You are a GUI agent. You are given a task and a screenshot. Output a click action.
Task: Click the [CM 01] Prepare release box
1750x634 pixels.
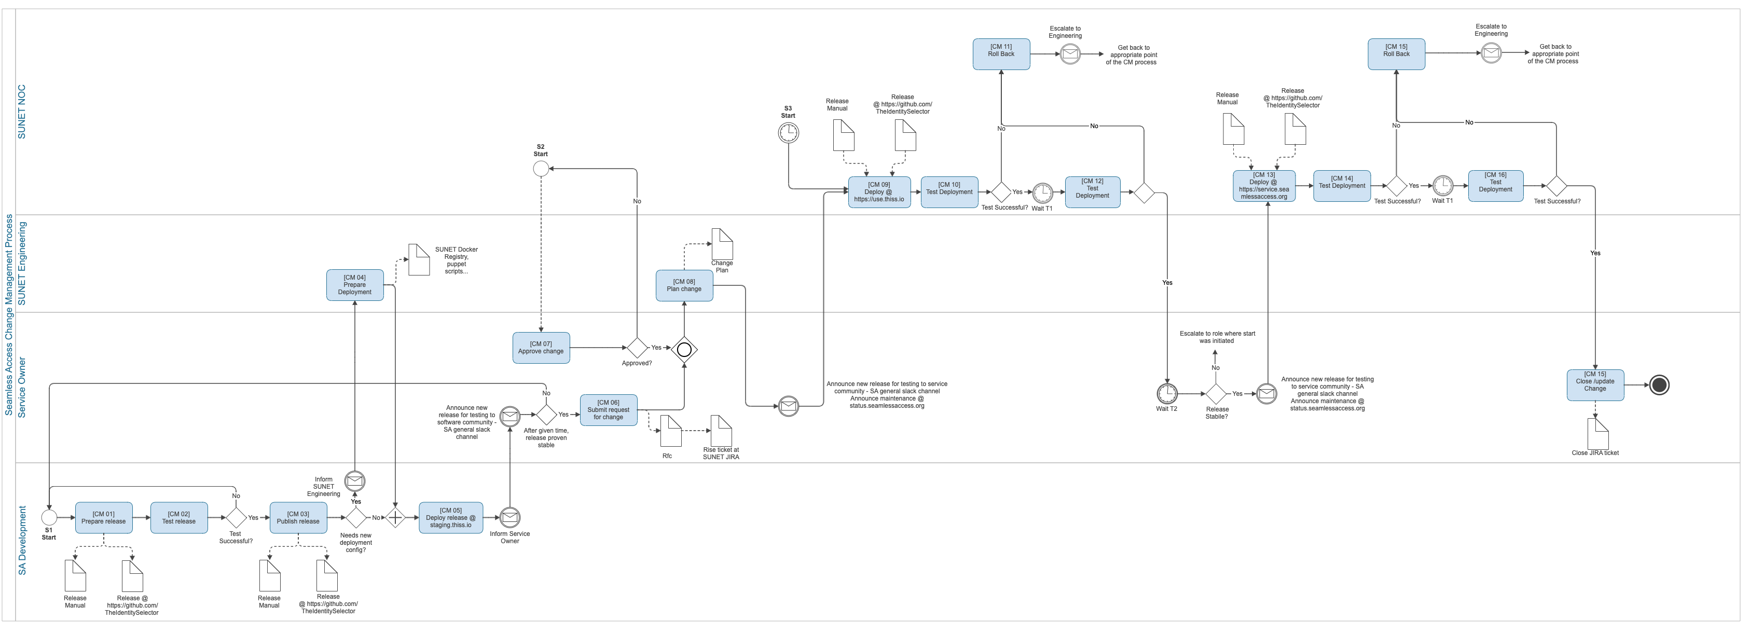103,518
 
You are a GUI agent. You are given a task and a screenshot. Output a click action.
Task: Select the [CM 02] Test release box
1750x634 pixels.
178,518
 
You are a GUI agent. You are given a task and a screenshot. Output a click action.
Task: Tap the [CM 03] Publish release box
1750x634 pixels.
298,518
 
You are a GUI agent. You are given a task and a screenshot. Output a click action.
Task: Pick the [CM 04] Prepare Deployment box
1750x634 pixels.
355,285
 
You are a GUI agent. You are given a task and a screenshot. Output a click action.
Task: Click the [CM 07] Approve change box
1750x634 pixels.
541,348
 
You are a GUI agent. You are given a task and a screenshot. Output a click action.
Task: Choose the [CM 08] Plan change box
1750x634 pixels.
684,285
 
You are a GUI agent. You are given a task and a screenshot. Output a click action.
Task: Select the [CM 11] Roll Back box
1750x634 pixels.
1001,53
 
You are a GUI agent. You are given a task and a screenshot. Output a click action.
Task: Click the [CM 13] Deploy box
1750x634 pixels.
1264,186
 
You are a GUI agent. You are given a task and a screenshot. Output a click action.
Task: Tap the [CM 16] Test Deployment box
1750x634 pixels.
1496,186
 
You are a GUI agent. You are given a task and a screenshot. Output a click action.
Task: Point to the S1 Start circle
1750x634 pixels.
49,518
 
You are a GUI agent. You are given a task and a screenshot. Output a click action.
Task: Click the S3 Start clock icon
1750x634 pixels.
788,132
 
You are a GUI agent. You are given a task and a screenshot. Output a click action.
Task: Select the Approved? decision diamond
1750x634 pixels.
637,348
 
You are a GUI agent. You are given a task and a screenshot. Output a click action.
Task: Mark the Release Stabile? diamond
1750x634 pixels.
1216,393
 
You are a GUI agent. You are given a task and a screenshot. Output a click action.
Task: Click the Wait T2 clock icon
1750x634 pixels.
1167,393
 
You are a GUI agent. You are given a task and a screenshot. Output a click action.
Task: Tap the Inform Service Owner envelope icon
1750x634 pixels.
509,518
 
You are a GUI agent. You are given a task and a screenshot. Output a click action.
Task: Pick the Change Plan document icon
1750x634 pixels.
722,243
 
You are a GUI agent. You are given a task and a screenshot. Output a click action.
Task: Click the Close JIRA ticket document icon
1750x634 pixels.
1598,434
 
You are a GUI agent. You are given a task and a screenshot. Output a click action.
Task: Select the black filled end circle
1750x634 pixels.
1659,385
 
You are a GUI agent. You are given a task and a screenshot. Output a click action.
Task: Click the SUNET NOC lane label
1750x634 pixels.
22,112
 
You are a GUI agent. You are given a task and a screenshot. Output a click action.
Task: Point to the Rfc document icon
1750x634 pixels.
670,431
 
